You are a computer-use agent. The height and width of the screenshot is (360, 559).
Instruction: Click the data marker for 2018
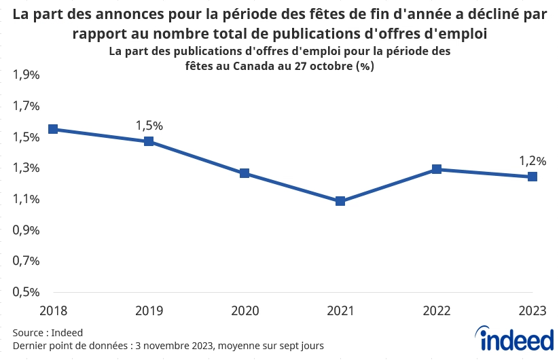pyautogui.click(x=52, y=129)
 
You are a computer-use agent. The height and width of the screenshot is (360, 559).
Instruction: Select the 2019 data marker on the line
pyautogui.click(x=149, y=141)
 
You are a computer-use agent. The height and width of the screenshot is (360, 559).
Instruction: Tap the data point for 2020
pyautogui.click(x=245, y=173)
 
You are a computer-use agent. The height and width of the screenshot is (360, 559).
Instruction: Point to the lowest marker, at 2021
pyautogui.click(x=340, y=201)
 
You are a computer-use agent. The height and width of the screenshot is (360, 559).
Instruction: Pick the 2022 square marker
pyautogui.click(x=437, y=169)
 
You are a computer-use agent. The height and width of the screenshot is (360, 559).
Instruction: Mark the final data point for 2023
pyautogui.click(x=533, y=177)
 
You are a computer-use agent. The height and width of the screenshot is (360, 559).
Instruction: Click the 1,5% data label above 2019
pyautogui.click(x=149, y=126)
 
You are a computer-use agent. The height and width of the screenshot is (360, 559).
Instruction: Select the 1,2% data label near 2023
pyautogui.click(x=533, y=161)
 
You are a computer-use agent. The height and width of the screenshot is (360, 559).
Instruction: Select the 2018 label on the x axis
pyautogui.click(x=52, y=311)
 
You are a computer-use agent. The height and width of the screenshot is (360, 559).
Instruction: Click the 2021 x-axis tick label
pyautogui.click(x=340, y=311)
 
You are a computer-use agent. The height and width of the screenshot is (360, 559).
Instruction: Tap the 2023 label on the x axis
pyautogui.click(x=533, y=311)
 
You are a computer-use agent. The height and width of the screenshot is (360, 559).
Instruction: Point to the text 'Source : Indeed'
pyautogui.click(x=48, y=333)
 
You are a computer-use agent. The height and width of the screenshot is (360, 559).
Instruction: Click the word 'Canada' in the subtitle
pyautogui.click(x=253, y=67)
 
